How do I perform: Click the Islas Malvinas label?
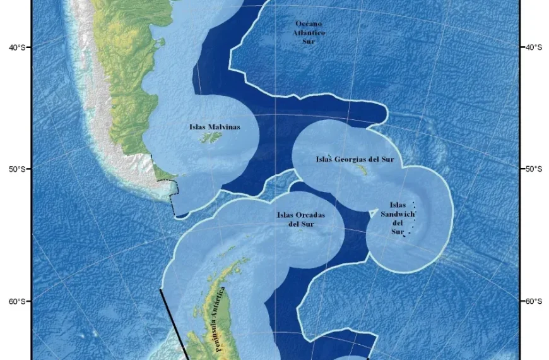pyautogui.click(x=215, y=127)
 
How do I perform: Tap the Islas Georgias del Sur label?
pyautogui.click(x=355, y=160)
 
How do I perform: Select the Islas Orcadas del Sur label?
pyautogui.click(x=301, y=219)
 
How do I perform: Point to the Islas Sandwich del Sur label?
pyautogui.click(x=398, y=219)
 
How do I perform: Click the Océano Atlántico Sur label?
pyautogui.click(x=310, y=32)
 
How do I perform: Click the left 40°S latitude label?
pyautogui.click(x=18, y=47)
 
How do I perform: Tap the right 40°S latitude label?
pyautogui.click(x=533, y=47)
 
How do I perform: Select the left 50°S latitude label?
pyautogui.click(x=18, y=169)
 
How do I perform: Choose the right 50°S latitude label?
pyautogui.click(x=533, y=169)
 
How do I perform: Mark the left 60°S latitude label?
pyautogui.click(x=18, y=301)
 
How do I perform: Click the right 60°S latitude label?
pyautogui.click(x=533, y=301)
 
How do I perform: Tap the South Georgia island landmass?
pyautogui.click(x=362, y=170)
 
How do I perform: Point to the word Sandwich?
pyautogui.click(x=398, y=214)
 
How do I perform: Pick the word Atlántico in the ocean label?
pyautogui.click(x=310, y=32)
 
